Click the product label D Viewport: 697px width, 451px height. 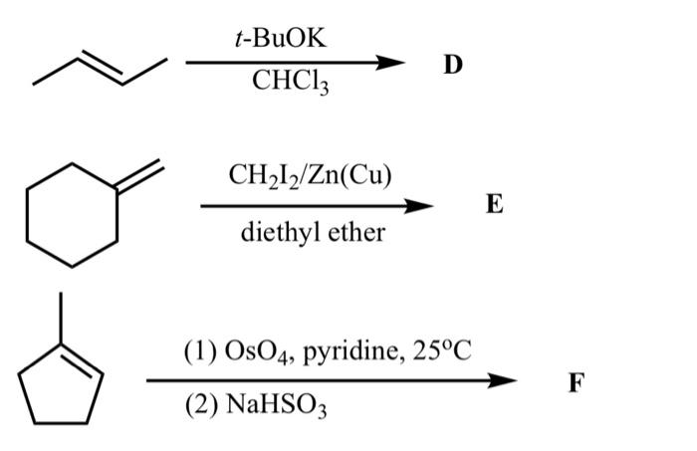click(453, 66)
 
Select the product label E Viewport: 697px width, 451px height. click(495, 206)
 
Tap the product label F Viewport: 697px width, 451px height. click(577, 380)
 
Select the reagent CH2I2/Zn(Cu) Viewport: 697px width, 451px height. click(310, 177)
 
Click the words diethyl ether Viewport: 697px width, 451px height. click(313, 234)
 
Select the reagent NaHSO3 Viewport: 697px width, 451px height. click(261, 406)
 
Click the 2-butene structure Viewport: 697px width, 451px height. click(100, 68)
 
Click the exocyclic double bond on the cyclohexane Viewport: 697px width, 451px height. click(140, 176)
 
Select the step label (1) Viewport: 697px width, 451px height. click(197, 352)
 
